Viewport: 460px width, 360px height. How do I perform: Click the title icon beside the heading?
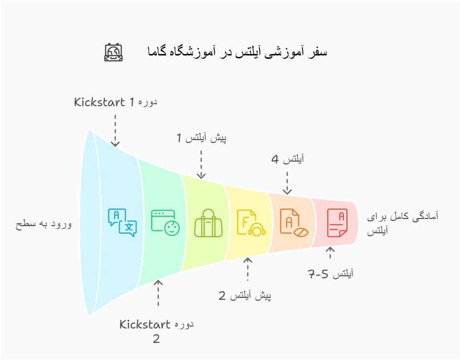pos(114,52)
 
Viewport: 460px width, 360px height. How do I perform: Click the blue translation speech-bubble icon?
pos(122,222)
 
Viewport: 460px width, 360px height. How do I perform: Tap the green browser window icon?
pos(165,222)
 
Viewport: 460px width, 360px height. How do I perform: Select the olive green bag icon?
pos(208,223)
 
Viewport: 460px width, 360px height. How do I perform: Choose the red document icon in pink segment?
pos(337,223)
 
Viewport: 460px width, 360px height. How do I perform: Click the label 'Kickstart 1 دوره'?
pos(116,102)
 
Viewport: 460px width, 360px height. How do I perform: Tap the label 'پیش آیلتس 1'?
pos(201,138)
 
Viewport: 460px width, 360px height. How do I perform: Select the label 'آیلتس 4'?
pos(288,160)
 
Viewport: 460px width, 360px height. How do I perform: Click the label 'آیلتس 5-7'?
pos(331,274)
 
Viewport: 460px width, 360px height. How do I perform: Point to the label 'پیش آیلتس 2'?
pos(245,296)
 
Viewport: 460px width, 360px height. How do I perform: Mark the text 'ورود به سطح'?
pos(43,223)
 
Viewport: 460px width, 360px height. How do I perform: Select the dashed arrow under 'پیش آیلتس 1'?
pos(201,164)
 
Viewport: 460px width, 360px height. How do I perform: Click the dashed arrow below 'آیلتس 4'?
pos(287,183)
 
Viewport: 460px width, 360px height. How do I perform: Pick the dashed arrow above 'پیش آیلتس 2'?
pos(247,270)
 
